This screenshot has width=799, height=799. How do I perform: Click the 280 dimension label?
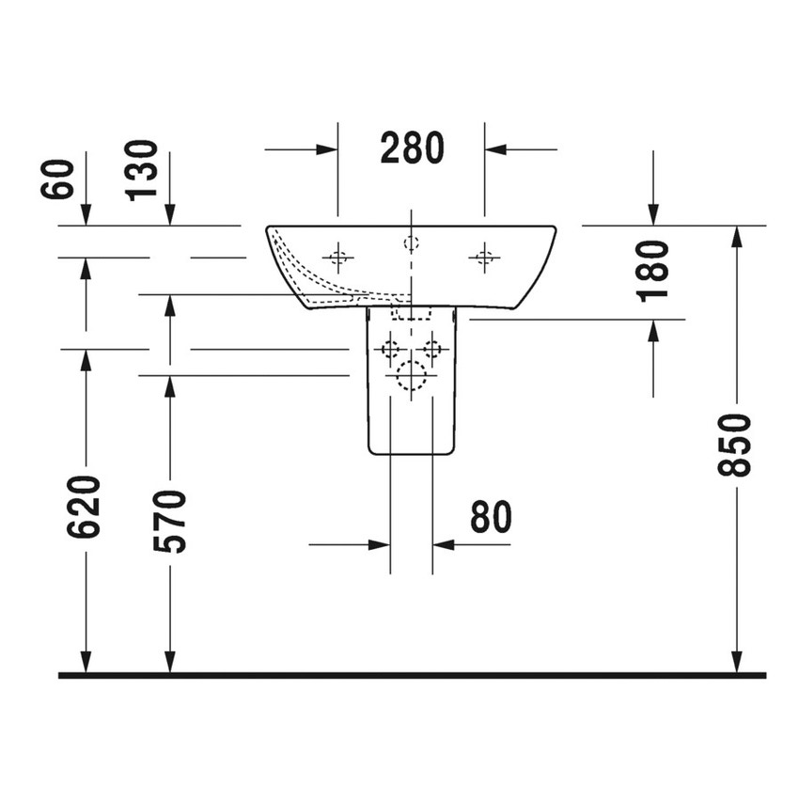[412, 149]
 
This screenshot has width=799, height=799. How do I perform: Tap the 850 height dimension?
[735, 445]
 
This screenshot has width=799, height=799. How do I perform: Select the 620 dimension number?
[84, 507]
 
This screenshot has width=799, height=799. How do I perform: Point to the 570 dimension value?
[169, 521]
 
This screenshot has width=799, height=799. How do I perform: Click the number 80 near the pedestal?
[490, 517]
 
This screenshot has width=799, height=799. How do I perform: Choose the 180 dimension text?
[652, 271]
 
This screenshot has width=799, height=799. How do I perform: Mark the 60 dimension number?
[57, 180]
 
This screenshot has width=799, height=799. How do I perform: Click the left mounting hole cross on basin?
[338, 256]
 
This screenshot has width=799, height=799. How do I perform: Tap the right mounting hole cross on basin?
[484, 256]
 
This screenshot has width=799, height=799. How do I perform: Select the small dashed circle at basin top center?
[411, 243]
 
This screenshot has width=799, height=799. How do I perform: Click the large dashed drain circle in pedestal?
[411, 376]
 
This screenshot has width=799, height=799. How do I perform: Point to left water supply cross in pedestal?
[390, 350]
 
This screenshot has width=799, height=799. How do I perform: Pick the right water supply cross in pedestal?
[432, 350]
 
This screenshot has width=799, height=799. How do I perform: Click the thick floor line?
[412, 675]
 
